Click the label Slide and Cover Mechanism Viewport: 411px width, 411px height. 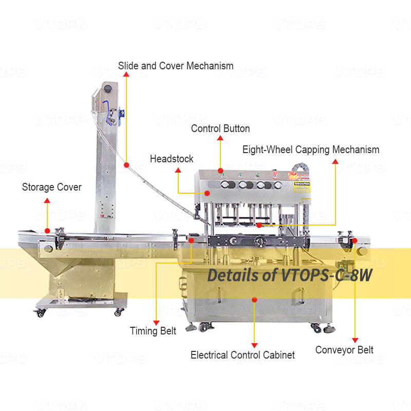pos(176,66)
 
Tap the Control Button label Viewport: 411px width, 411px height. pos(220,128)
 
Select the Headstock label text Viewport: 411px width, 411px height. pos(172,159)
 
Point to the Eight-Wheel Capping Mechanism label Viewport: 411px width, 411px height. pos(311,150)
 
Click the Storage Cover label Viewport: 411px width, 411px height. pos(51,187)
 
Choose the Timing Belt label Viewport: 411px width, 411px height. pos(153,331)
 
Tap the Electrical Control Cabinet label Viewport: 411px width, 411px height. pos(242,354)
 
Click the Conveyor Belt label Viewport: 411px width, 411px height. pos(344,350)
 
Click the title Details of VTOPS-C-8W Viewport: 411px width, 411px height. pos(289,275)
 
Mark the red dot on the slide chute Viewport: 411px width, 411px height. pos(126,165)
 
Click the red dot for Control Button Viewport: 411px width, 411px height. pos(220,171)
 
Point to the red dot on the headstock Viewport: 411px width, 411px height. pos(207,193)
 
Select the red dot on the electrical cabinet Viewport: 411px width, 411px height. pos(254,298)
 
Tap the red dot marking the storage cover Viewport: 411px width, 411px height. pos(47,231)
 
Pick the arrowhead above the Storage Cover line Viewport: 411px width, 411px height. pos(47,201)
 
